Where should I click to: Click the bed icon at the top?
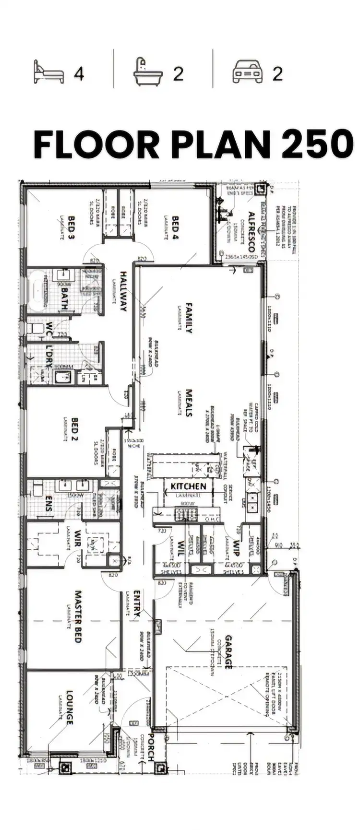point(48,72)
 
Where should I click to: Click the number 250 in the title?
point(317,144)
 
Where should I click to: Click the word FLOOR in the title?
point(96,144)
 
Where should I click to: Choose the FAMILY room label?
point(189,318)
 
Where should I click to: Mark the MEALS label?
point(189,403)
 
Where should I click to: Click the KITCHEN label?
point(188,486)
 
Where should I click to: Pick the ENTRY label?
point(137,603)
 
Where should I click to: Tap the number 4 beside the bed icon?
point(79,73)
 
